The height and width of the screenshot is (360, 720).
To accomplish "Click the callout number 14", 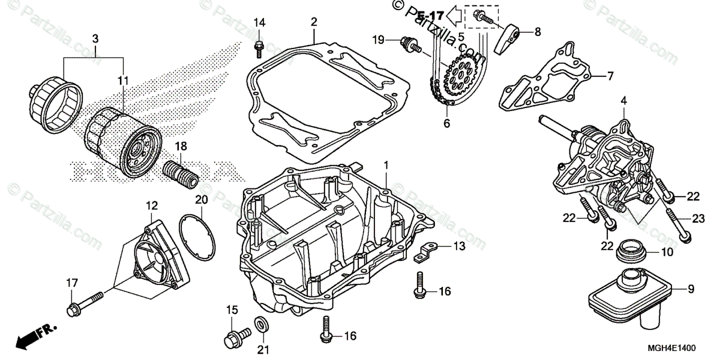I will pyautogui.click(x=259, y=23).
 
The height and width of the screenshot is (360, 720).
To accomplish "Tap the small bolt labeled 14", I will pyautogui.click(x=259, y=45).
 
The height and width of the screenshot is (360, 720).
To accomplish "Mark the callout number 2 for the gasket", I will pyautogui.click(x=313, y=22).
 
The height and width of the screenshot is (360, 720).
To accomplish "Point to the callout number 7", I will pyautogui.click(x=610, y=76).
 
